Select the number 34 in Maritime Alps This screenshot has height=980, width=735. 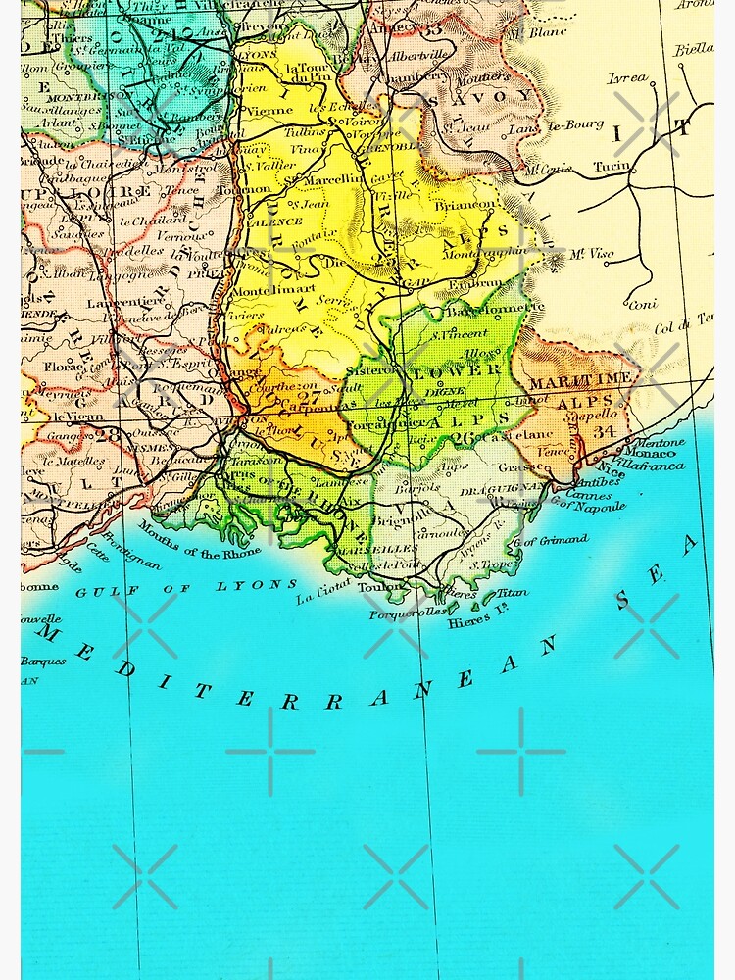point(605,430)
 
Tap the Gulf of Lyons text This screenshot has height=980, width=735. point(186,588)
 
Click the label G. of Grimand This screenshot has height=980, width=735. point(552,539)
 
